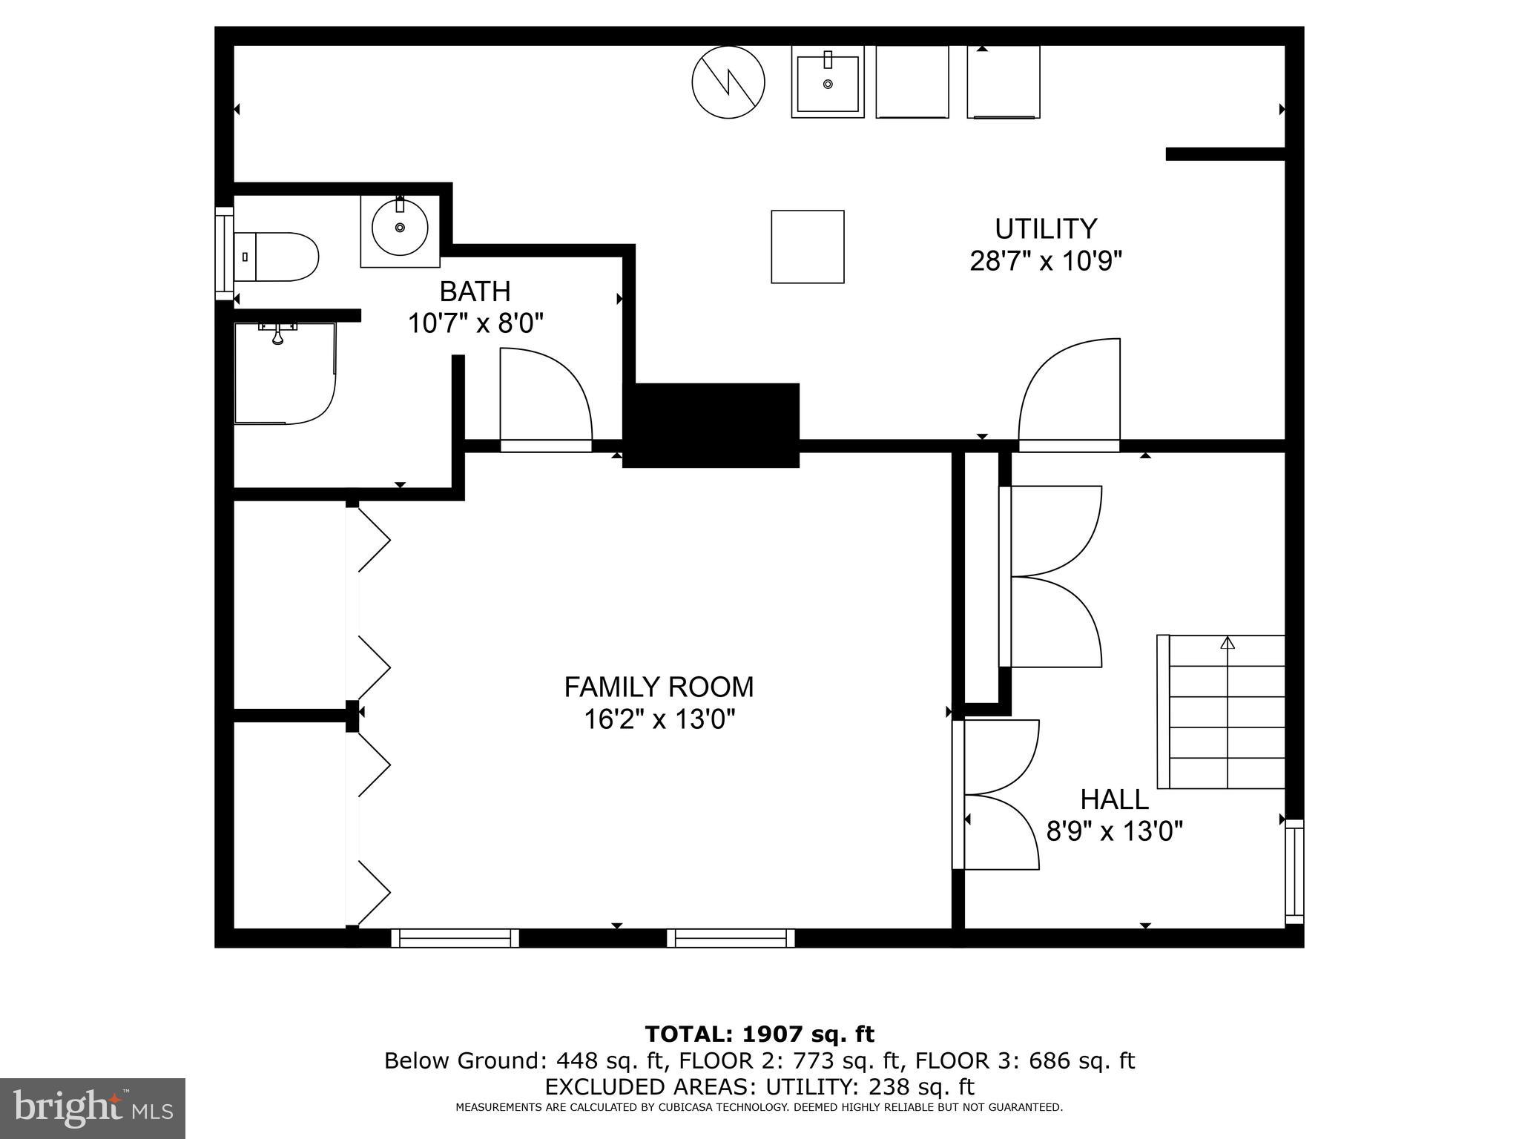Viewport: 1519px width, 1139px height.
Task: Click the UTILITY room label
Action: click(1045, 229)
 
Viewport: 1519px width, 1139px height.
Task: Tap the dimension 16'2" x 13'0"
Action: click(659, 719)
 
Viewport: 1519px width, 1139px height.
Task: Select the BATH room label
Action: click(475, 291)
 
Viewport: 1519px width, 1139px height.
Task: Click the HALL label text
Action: click(1114, 799)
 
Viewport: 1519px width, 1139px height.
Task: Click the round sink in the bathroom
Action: click(400, 228)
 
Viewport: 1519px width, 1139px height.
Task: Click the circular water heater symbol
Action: click(728, 81)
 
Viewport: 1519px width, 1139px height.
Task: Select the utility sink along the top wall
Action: click(828, 82)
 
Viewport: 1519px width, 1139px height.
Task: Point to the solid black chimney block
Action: click(711, 425)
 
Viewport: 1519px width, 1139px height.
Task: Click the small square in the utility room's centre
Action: click(807, 247)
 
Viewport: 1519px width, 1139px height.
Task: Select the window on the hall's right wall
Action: click(1294, 871)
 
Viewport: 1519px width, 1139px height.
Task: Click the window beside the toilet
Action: click(223, 254)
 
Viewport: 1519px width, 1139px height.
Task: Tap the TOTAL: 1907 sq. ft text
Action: click(759, 1034)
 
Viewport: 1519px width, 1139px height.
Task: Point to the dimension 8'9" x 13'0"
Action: click(1114, 831)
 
